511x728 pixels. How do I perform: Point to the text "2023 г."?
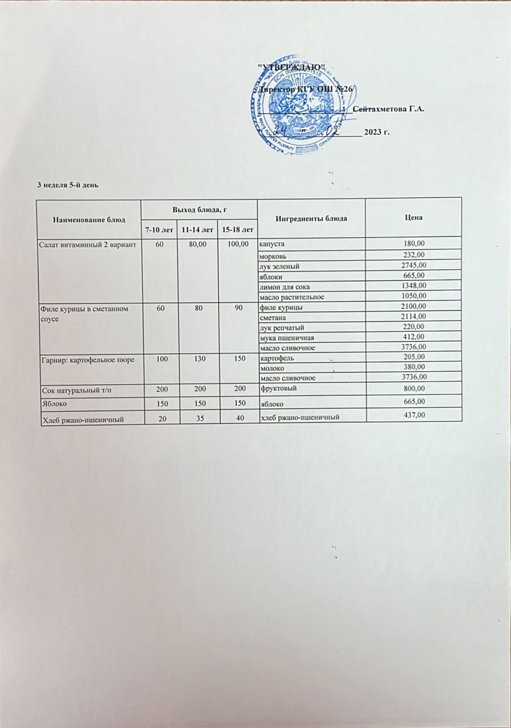377,132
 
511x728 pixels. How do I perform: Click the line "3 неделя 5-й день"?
68,185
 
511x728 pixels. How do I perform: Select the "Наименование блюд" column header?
89,219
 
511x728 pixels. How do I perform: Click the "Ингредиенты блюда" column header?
311,218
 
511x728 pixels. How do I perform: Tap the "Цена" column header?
413,217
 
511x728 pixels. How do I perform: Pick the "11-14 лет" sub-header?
197,230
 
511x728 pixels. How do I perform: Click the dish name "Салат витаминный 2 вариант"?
89,245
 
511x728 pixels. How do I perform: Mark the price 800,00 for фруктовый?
414,388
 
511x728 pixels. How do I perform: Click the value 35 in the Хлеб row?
197,419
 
